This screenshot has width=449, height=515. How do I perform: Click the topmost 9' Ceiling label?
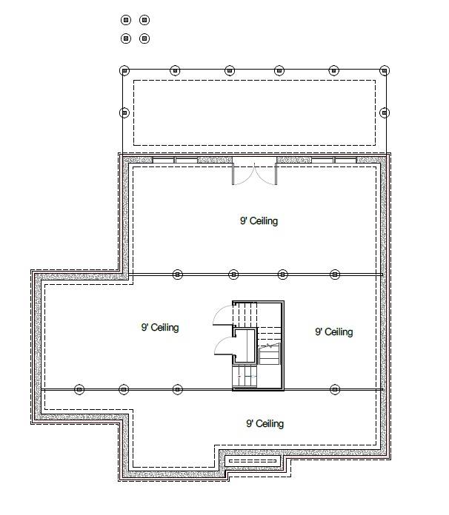click(259, 221)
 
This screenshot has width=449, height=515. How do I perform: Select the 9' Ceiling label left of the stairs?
click(160, 328)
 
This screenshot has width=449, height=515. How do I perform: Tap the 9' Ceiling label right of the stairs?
click(333, 332)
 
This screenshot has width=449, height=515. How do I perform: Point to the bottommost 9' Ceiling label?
click(265, 423)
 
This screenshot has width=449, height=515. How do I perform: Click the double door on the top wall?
click(254, 172)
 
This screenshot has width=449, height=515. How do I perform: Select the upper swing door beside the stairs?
click(223, 316)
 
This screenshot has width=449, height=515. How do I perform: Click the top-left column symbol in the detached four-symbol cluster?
click(126, 20)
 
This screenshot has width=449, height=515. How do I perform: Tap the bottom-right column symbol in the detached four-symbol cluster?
click(144, 38)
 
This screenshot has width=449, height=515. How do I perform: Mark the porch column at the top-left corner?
click(124, 71)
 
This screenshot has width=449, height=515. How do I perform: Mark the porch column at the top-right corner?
click(384, 71)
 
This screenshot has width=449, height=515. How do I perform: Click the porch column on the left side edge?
click(124, 113)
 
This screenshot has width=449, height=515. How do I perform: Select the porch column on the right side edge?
click(384, 113)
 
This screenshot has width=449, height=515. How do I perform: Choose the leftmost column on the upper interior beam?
click(177, 275)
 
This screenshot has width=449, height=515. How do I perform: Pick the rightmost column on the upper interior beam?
click(334, 275)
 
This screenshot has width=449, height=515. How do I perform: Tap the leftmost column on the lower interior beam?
click(80, 389)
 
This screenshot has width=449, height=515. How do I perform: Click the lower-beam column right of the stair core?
click(334, 389)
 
